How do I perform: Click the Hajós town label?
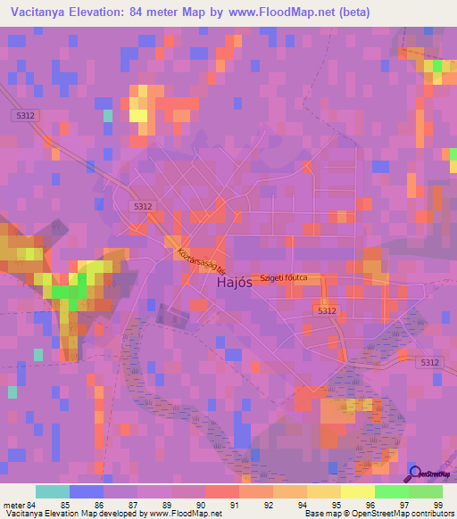tap(235, 284)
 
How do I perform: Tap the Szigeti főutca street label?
tap(283, 278)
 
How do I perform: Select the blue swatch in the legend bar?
tap(86, 491)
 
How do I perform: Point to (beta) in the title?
tap(349, 12)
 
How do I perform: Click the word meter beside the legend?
tap(15, 504)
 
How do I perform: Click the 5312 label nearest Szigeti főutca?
tap(327, 310)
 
